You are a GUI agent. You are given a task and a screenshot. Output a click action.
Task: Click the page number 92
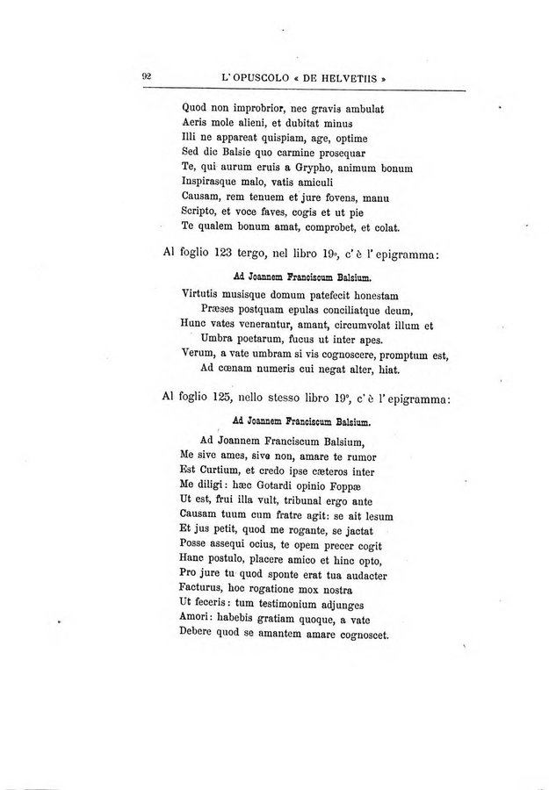pyautogui.click(x=148, y=76)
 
